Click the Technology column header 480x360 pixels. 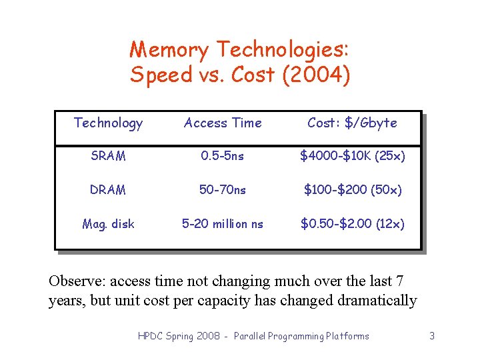pos(108,123)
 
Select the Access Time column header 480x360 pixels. pos(223,123)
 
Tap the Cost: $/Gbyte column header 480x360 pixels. pos(352,123)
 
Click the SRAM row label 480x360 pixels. pos(108,156)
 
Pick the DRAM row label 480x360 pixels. pos(108,190)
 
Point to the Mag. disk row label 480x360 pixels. pos(108,224)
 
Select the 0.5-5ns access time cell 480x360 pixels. pos(223,156)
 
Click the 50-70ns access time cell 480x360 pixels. pos(223,190)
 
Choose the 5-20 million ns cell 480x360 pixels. pos(223,224)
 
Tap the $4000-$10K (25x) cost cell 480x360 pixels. pos(352,156)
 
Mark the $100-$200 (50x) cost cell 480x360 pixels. pos(352,190)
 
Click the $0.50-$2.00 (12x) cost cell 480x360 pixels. pos(352,224)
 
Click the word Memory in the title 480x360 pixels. pos(171,50)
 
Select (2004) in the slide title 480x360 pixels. pos(316,75)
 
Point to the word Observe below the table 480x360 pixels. pos(75,281)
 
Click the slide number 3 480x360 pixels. pos(432,336)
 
